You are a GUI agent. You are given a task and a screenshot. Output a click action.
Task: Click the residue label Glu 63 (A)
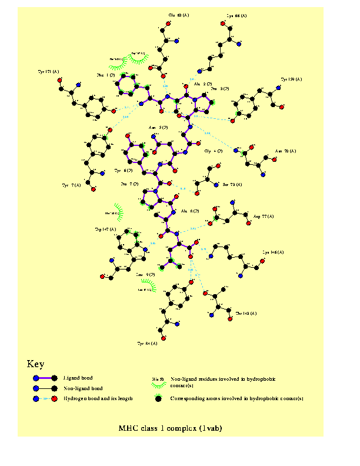[179, 15]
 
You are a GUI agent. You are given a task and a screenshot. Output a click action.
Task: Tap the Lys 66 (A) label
[237, 16]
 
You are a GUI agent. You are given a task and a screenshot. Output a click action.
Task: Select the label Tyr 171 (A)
[48, 72]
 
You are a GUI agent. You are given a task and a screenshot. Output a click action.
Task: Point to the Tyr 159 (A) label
[292, 79]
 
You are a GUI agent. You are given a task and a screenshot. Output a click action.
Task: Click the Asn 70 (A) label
[286, 151]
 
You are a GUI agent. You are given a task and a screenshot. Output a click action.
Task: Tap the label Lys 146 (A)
[273, 253]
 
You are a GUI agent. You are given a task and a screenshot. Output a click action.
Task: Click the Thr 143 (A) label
[246, 314]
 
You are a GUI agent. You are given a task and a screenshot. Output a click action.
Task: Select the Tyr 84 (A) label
[147, 343]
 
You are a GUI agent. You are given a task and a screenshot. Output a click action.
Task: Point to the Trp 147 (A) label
[106, 229]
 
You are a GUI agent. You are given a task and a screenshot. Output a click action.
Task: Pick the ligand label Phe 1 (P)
[105, 75]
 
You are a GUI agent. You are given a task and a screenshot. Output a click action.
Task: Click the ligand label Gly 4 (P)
[214, 151]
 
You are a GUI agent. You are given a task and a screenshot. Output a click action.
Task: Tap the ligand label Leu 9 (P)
[145, 274]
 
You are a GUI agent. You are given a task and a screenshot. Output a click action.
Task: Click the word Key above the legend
[35, 364]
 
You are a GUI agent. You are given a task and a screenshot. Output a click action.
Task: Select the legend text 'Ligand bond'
[78, 378]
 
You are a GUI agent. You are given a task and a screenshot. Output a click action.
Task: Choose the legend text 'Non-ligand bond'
[82, 388]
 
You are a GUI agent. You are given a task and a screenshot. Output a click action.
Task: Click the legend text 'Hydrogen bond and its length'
[98, 398]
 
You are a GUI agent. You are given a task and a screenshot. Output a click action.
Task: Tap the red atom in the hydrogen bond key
[54, 399]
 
